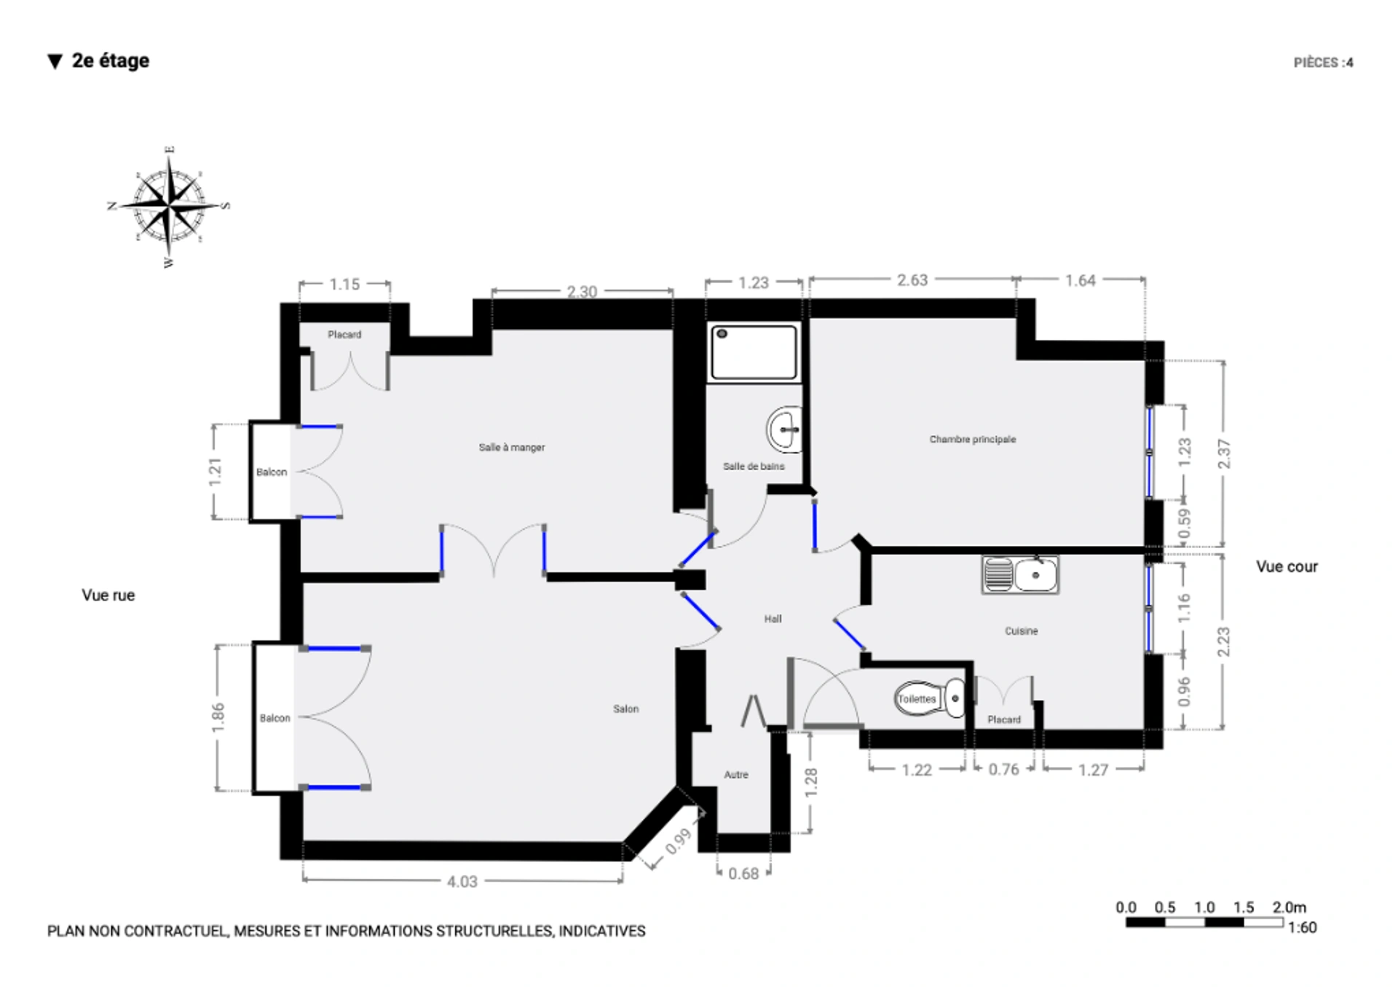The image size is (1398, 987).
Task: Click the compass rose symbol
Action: tap(169, 206)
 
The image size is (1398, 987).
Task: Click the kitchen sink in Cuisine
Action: tap(1019, 575)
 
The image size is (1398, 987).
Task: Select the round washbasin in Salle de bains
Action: tap(785, 429)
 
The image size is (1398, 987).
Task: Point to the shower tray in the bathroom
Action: tap(754, 352)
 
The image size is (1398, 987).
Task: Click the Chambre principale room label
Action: tap(972, 439)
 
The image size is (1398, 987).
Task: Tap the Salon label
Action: tap(625, 708)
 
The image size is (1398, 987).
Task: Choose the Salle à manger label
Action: tap(512, 447)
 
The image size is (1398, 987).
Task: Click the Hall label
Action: tap(773, 619)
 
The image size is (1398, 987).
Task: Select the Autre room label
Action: tap(736, 774)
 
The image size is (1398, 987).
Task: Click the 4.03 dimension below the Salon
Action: tap(462, 881)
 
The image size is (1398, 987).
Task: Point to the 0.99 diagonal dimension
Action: tap(678, 841)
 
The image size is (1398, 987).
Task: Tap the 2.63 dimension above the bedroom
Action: tap(912, 280)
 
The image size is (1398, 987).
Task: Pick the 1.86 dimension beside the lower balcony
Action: tap(218, 718)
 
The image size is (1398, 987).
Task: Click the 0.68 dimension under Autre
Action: tap(743, 873)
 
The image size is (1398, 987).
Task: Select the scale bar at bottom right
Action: tap(1204, 922)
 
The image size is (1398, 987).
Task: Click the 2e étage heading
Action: tap(111, 60)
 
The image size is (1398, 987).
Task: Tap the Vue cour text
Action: tap(1287, 566)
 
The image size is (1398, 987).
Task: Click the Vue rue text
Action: tap(108, 595)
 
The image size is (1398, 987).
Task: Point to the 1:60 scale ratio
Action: tap(1302, 927)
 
